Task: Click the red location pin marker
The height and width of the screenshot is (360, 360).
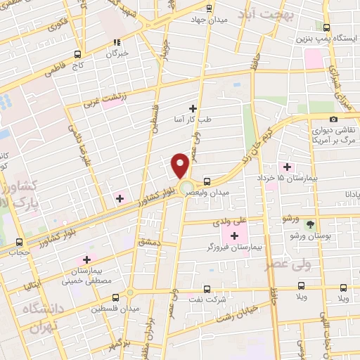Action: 181,166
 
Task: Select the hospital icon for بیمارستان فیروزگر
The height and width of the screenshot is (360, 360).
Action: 234,235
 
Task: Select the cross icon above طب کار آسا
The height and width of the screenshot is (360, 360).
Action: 193,108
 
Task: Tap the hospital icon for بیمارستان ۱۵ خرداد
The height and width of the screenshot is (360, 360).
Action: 286,167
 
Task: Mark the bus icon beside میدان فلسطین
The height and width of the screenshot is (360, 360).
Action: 130,292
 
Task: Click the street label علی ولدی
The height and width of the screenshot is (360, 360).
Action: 226,221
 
